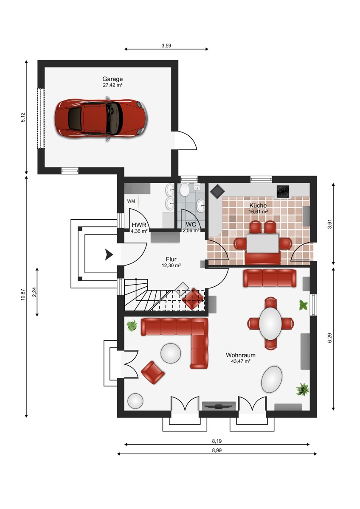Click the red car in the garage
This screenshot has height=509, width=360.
click(x=101, y=118)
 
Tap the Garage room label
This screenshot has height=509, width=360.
click(x=112, y=79)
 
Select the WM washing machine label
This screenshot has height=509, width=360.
click(x=131, y=201)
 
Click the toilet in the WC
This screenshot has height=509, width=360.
click(x=184, y=190)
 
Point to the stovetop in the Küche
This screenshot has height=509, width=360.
click(x=283, y=191)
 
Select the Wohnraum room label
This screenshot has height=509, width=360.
click(x=241, y=355)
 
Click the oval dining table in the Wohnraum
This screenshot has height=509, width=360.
click(x=270, y=323)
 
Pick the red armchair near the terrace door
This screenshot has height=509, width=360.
click(x=152, y=372)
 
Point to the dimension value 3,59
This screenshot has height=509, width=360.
click(x=166, y=45)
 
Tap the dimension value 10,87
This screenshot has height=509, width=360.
click(x=23, y=295)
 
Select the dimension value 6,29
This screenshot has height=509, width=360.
click(x=330, y=338)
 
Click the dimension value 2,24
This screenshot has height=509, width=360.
click(x=34, y=292)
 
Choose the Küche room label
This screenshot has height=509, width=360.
click(x=258, y=205)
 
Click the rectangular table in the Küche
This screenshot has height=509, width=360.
click(x=263, y=243)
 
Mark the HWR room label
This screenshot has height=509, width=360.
click(x=139, y=225)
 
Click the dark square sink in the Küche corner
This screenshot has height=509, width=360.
click(x=217, y=191)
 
